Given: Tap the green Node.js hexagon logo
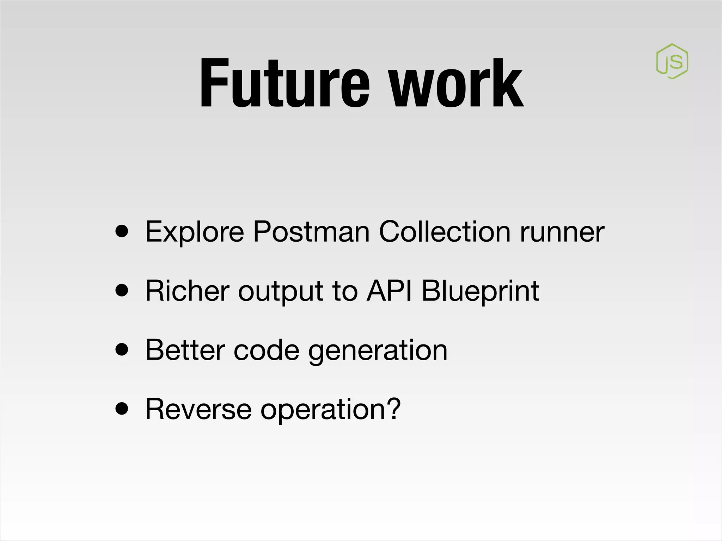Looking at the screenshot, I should (672, 61).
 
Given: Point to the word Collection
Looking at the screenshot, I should (445, 232).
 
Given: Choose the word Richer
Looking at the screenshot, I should (187, 291).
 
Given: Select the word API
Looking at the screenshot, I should (389, 291).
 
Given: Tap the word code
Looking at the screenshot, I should (267, 350).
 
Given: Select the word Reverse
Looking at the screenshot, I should (198, 409).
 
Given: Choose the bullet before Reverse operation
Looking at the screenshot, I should (122, 410).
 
